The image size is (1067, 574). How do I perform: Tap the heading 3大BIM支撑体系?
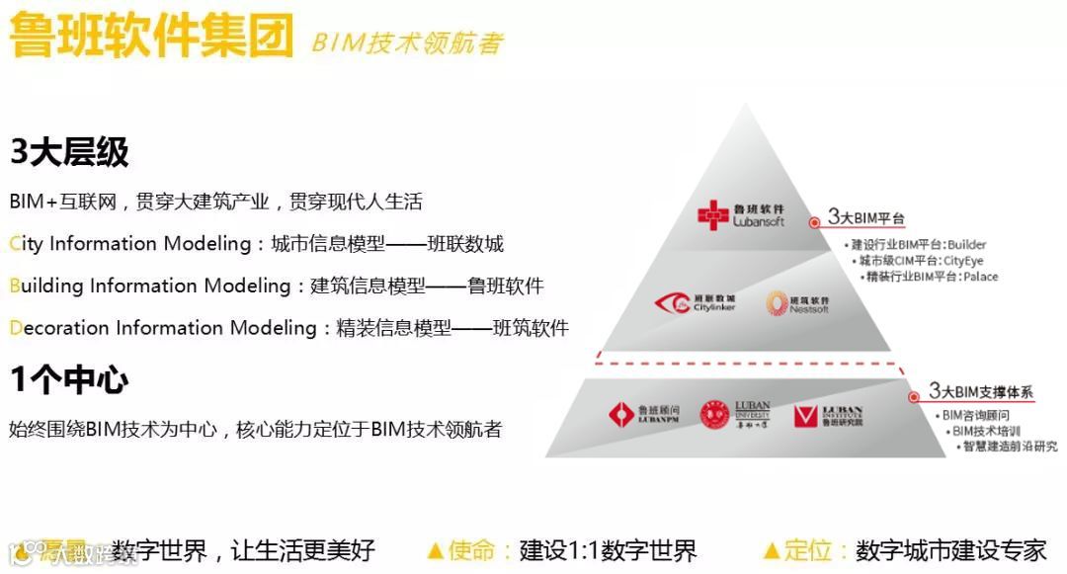pos(981,392)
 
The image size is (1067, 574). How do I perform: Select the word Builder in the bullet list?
pos(965,245)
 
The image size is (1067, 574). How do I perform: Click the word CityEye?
pos(963,261)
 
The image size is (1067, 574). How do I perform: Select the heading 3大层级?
pos(69,152)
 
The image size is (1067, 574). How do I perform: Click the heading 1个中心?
pos(69,379)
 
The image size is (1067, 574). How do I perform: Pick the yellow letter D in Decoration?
pos(15,328)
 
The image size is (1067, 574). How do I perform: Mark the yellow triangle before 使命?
pos(435,550)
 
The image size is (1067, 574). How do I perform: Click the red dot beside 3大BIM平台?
pos(815,223)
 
